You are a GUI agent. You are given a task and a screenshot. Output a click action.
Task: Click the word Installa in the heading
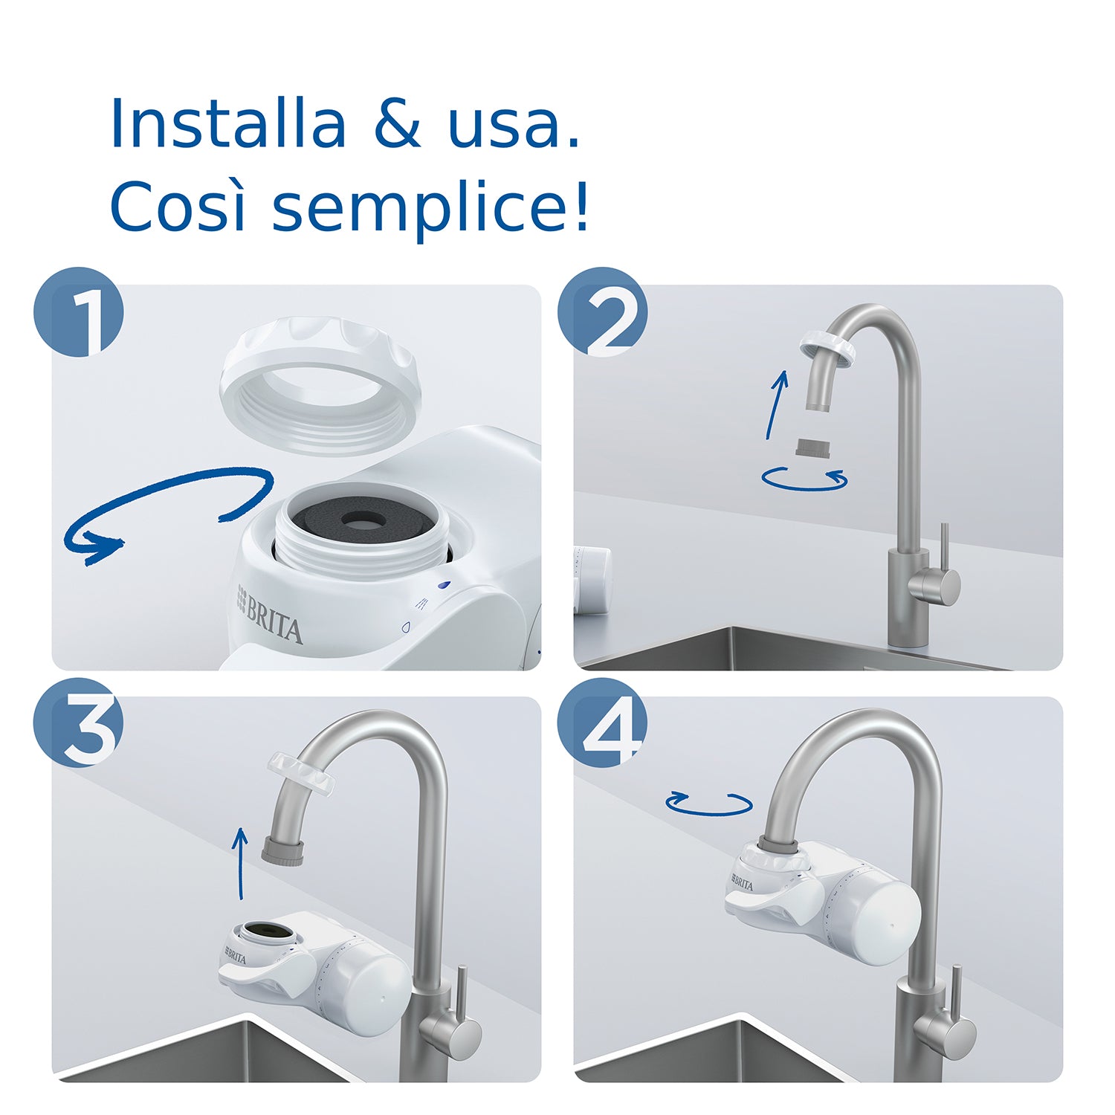pyautogui.click(x=228, y=124)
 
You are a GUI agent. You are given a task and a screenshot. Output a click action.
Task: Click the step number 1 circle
pyautogui.click(x=78, y=312)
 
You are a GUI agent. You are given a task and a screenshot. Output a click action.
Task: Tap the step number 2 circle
pyautogui.click(x=603, y=312)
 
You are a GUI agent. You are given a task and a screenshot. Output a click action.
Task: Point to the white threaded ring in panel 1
pyautogui.click(x=320, y=387)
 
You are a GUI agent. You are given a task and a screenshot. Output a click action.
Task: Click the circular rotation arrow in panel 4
pyautogui.click(x=708, y=803)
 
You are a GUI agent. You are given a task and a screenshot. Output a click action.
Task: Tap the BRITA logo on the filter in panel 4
pyautogui.click(x=742, y=883)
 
